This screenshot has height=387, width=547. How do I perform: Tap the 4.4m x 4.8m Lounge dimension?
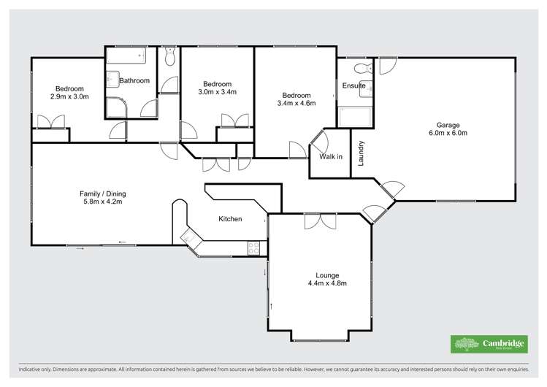coord(326,283)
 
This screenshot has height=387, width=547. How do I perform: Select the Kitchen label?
coord(231,219)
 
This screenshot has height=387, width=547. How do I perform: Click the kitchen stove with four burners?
coord(253,248)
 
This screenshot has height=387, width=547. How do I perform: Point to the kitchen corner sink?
coord(191,238)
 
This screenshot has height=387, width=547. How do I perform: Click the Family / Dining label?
coord(102,193)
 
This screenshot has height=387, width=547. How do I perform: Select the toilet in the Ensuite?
coord(359,69)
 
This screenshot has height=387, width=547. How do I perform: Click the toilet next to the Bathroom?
coord(169,56)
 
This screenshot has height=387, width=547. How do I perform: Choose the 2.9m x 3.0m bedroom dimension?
coord(69,96)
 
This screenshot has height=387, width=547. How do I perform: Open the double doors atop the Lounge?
coord(319,221)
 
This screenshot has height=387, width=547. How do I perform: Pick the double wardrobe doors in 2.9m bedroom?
coord(49,122)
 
